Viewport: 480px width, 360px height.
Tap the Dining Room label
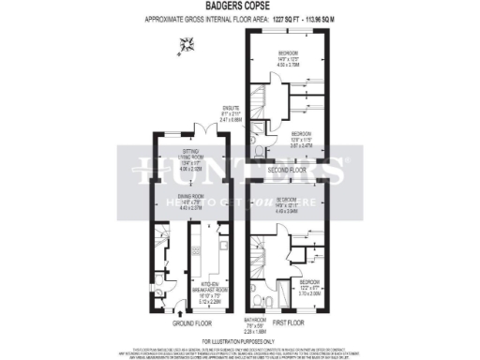pos(190,204)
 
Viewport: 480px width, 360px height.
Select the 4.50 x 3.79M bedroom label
pos(289,58)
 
